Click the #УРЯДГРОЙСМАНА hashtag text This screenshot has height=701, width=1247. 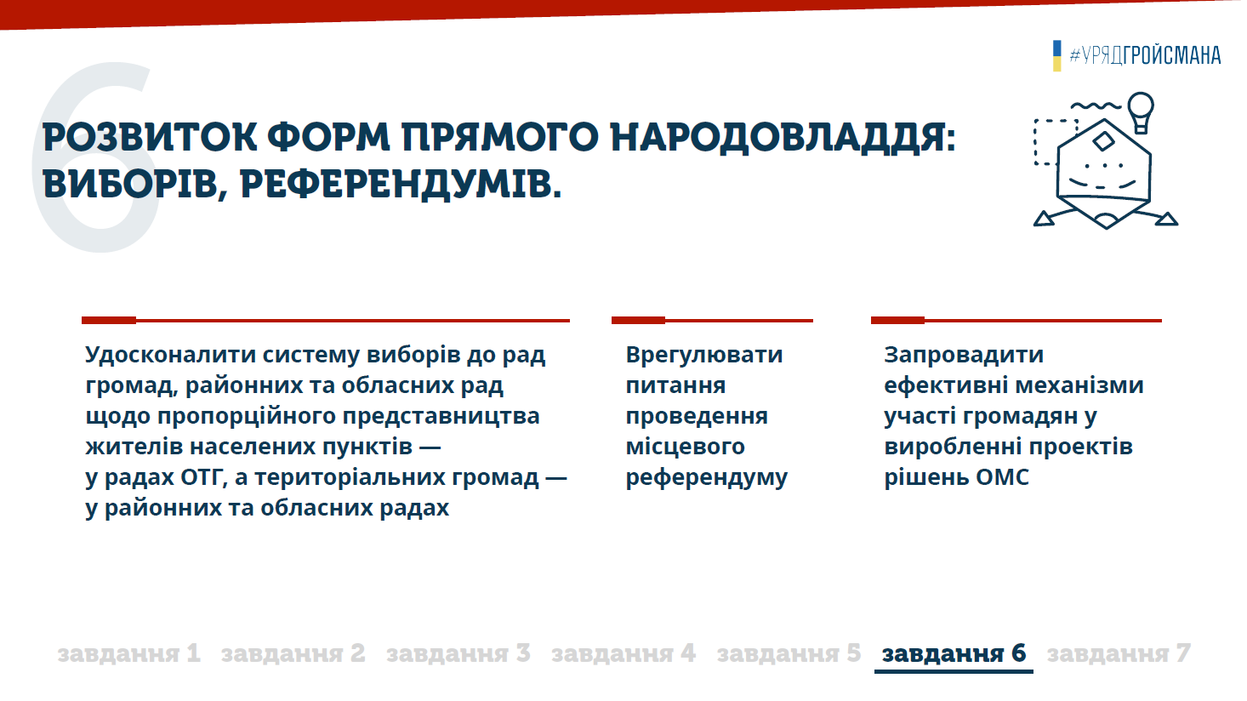point(1145,55)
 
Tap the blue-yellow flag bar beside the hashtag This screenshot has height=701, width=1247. point(1056,55)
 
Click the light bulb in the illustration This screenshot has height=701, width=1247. point(1141,112)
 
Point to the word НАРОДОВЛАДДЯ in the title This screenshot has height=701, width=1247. point(783,138)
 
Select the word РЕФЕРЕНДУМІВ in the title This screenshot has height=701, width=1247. point(401,185)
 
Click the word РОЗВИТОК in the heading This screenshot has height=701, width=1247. point(150,137)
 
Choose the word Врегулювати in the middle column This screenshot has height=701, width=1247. point(704,355)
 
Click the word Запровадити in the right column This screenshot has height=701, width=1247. point(964,355)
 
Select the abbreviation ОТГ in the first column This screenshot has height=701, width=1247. point(204,478)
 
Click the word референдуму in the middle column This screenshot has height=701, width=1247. point(707,478)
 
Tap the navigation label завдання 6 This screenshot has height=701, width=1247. point(954,653)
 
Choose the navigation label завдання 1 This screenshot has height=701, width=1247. point(128,653)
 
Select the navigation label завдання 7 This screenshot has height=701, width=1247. point(1119,653)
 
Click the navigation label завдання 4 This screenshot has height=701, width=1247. point(623,653)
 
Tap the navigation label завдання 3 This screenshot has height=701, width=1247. point(458,653)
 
